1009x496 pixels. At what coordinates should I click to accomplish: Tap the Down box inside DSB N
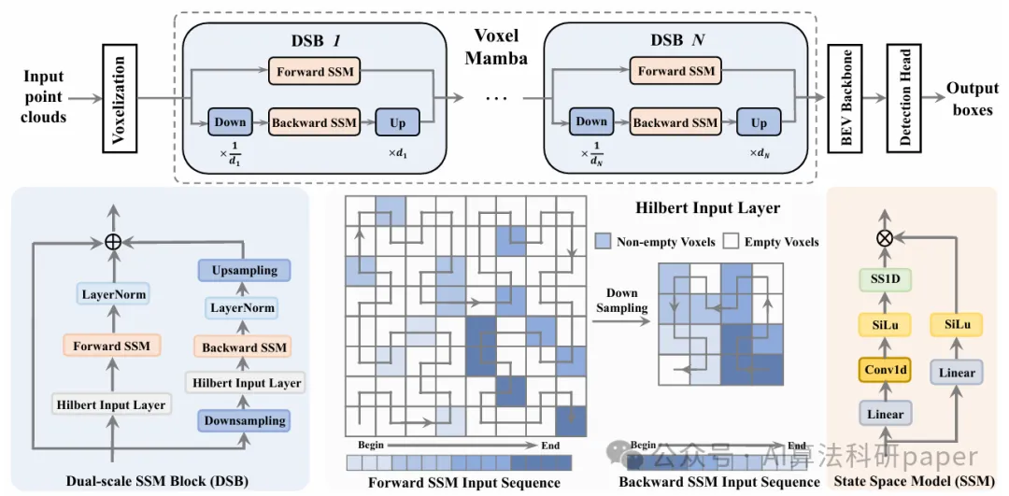coord(591,121)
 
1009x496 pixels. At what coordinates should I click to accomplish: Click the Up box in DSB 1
coord(397,122)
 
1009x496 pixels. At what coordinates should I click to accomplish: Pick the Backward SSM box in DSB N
coord(675,121)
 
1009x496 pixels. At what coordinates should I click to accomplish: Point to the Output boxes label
coord(973,97)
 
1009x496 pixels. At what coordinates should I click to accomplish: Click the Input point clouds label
coord(44,96)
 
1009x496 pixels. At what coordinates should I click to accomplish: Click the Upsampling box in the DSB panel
coord(244,271)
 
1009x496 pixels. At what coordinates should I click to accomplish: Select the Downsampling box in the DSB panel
coord(244,421)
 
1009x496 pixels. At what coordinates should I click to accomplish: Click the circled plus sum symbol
coord(112,241)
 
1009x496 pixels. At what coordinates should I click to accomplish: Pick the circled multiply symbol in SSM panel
coord(883,237)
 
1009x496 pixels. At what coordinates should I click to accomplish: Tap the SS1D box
coord(884,279)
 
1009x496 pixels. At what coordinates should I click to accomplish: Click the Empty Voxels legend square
coord(732,242)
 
